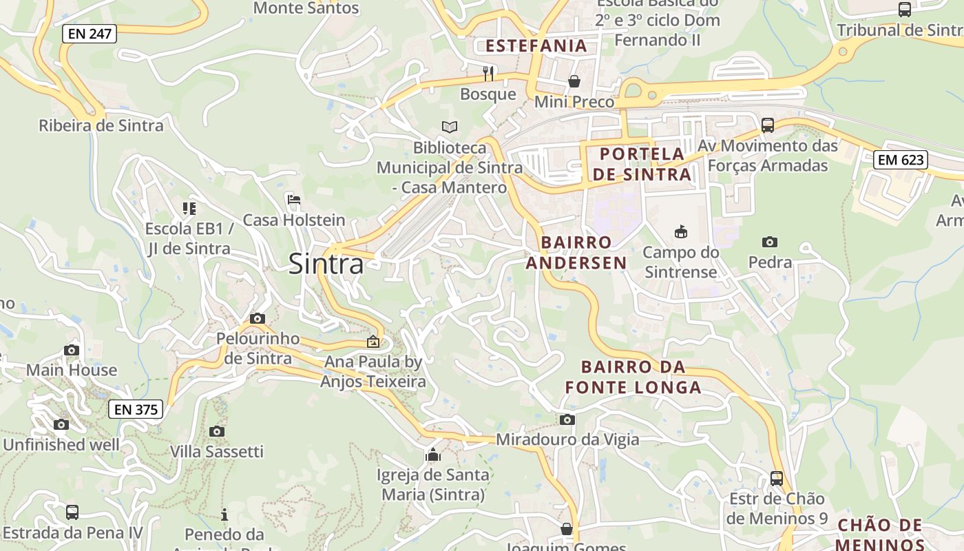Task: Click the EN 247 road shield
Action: (90, 33)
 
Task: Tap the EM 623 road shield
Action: (900, 160)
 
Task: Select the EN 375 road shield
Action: (136, 409)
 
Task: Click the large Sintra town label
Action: (326, 264)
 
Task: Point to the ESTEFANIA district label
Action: (536, 46)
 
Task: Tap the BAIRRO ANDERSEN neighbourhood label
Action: (576, 252)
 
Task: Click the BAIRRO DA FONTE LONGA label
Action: (633, 377)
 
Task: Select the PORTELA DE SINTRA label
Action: (642, 164)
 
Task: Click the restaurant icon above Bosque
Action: (488, 73)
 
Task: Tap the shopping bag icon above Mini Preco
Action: (574, 81)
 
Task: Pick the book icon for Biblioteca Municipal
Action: (449, 127)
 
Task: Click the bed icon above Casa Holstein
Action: (294, 200)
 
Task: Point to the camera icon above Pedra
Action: (770, 242)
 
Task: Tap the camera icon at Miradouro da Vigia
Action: (567, 419)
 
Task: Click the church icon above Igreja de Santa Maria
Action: (433, 455)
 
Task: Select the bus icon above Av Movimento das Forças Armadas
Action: (768, 125)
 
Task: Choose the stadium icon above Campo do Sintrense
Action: (680, 231)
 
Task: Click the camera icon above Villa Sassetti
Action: (217, 431)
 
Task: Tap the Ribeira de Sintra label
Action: (101, 125)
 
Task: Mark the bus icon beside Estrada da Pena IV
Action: (72, 512)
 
